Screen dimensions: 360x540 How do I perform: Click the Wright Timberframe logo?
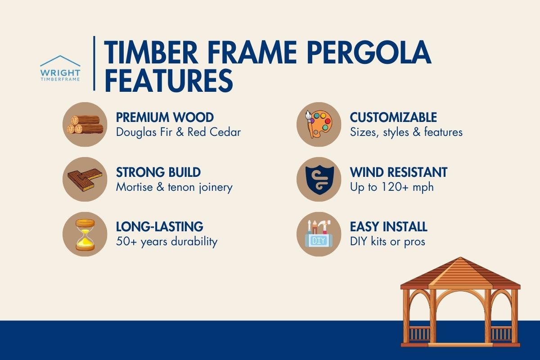[x=60, y=68]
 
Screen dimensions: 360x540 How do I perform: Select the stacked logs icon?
[x=85, y=124]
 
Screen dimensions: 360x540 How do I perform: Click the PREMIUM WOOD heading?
[x=165, y=117]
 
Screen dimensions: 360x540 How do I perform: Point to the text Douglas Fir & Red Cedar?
[x=178, y=132]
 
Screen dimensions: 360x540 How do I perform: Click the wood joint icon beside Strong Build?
[x=85, y=179]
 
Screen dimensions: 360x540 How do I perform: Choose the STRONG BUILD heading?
[x=158, y=172]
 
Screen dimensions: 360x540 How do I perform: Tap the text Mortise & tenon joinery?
[x=174, y=187]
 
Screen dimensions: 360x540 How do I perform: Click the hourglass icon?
[x=85, y=234]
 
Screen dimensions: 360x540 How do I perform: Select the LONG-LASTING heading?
[x=159, y=226]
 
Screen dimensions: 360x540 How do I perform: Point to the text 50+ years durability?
[x=166, y=241]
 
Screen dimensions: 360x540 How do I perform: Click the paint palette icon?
[x=319, y=124]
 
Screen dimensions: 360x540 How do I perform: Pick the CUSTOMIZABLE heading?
[x=393, y=117]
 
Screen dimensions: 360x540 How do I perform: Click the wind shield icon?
[x=319, y=179]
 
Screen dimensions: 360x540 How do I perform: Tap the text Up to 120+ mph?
[x=391, y=187]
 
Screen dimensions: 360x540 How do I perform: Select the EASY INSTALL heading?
[x=388, y=226]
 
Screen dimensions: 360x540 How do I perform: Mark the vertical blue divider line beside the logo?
[x=94, y=63]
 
